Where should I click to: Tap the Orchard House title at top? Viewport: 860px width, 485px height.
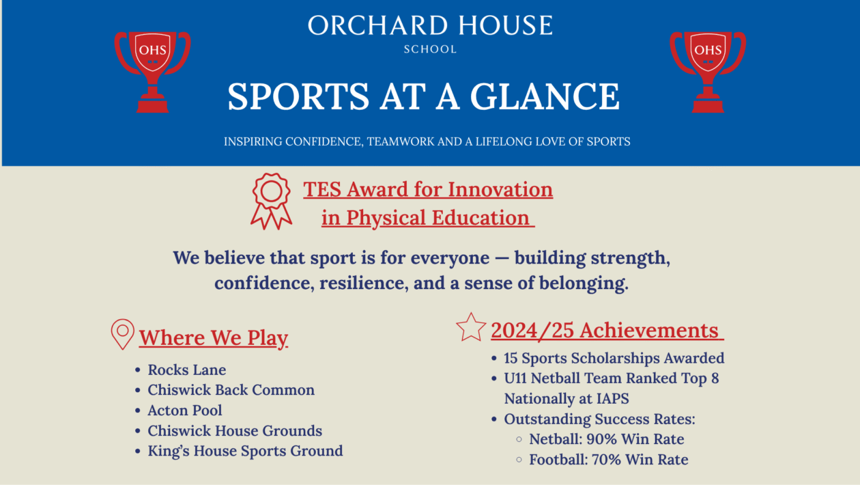pyautogui.click(x=430, y=26)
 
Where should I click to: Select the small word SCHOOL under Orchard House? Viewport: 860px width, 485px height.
pyautogui.click(x=430, y=49)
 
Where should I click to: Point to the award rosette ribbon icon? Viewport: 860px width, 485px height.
pyautogui.click(x=271, y=200)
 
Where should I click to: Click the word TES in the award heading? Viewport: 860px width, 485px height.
pyautogui.click(x=321, y=189)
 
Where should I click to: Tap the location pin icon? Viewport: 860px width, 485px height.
pyautogui.click(x=122, y=334)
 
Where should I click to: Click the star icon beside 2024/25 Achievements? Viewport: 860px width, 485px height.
pyautogui.click(x=471, y=327)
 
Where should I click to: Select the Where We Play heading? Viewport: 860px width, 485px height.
pyautogui.click(x=214, y=338)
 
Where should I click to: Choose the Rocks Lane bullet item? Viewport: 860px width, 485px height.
pyautogui.click(x=186, y=370)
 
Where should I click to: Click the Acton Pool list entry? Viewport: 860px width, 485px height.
pyautogui.click(x=185, y=411)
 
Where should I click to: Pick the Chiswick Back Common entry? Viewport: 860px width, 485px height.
pyautogui.click(x=231, y=390)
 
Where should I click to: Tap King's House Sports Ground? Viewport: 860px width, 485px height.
pyautogui.click(x=245, y=451)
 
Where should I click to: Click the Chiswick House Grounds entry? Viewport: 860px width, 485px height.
pyautogui.click(x=235, y=431)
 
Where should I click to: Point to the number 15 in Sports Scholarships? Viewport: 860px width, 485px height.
pyautogui.click(x=512, y=358)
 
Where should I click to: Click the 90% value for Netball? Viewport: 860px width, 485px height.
pyautogui.click(x=601, y=439)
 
